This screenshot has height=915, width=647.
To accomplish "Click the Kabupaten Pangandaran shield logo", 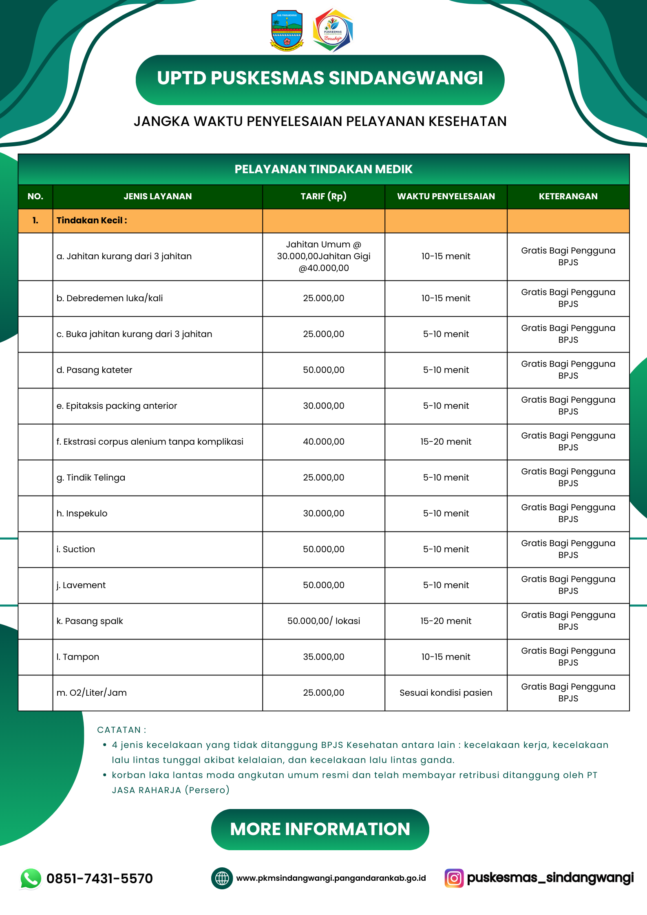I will pyautogui.click(x=287, y=31).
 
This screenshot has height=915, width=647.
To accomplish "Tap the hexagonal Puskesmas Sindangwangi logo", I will pyautogui.click(x=333, y=31).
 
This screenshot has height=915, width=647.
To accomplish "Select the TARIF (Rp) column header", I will pyautogui.click(x=323, y=196).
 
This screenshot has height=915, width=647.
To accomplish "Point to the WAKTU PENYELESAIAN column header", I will pyautogui.click(x=446, y=196).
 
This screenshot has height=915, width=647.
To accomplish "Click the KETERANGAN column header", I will pyautogui.click(x=568, y=196).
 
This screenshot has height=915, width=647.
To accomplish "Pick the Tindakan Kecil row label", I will pyautogui.click(x=92, y=220).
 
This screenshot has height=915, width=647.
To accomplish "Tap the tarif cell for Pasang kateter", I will pyautogui.click(x=323, y=370).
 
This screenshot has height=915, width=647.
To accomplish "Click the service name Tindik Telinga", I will pyautogui.click(x=91, y=478).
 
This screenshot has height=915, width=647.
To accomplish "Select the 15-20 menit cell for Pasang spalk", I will pyautogui.click(x=446, y=621).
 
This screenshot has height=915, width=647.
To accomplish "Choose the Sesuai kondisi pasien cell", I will pyautogui.click(x=446, y=693).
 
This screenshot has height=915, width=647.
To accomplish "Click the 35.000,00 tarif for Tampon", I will pyautogui.click(x=323, y=657).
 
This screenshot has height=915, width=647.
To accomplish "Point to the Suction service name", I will pyautogui.click(x=76, y=549).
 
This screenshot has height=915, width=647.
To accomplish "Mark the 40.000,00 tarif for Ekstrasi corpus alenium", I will pyautogui.click(x=323, y=442).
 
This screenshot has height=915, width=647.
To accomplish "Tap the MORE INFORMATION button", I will pyautogui.click(x=320, y=829).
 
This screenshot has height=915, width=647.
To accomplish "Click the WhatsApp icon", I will pyautogui.click(x=31, y=878).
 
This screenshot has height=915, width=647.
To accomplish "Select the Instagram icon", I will pyautogui.click(x=454, y=878).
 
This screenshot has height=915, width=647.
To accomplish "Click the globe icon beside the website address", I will pyautogui.click(x=222, y=878).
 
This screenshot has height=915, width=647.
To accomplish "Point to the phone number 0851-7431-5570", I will pyautogui.click(x=99, y=878).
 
